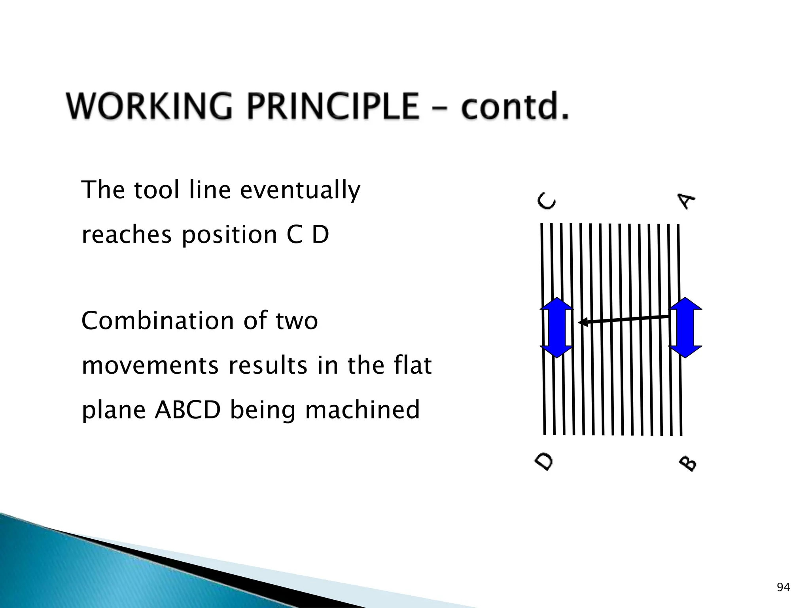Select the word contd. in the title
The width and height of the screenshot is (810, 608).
coord(515,106)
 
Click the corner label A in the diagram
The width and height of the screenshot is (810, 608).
coord(686,201)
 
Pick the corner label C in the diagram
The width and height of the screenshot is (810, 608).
coord(547,201)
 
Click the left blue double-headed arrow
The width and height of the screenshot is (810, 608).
coord(556,327)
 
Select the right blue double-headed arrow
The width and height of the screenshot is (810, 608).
coord(685,327)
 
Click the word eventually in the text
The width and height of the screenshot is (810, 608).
coord(300,190)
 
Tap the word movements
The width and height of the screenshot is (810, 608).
coord(150,365)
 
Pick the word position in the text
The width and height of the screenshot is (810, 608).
coord(229,235)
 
